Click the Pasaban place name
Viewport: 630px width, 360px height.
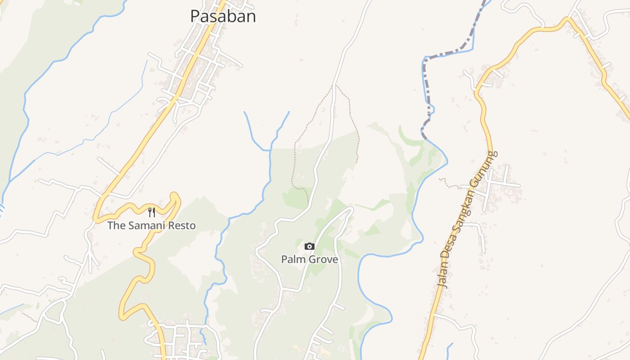[x=223, y=16]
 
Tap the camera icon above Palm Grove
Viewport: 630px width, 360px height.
[x=309, y=246]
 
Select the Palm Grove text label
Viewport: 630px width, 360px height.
[x=310, y=259]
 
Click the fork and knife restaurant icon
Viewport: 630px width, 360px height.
[x=152, y=212]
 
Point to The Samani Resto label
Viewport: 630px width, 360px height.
[x=152, y=225]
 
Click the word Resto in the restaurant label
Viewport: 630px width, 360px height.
[x=183, y=225]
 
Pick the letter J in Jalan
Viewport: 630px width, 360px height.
[x=441, y=284]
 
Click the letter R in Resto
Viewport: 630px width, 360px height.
[x=172, y=225]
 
